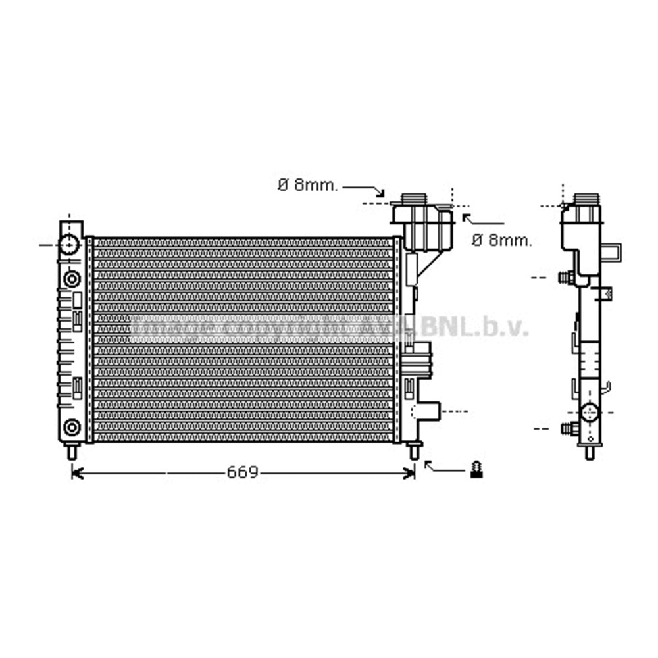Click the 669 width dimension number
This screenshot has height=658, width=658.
tap(243, 472)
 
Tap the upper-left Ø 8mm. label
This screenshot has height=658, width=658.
tap(307, 186)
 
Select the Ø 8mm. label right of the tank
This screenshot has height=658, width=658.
tap(501, 241)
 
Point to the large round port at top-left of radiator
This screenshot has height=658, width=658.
tap(69, 245)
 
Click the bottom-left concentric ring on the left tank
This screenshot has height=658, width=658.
tap(72, 428)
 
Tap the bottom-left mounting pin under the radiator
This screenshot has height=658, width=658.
tap(72, 451)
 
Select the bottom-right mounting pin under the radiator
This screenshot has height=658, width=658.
tap(414, 451)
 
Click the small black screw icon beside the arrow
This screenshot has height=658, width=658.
tap(477, 470)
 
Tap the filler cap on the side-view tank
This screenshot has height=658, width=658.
tap(586, 199)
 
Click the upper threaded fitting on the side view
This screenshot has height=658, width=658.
tap(566, 278)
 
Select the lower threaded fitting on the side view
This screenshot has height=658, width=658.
tap(569, 429)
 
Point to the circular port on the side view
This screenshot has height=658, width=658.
tap(590, 413)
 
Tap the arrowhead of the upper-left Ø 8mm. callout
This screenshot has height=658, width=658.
tap(380, 193)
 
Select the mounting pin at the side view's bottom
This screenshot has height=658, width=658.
tap(590, 452)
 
